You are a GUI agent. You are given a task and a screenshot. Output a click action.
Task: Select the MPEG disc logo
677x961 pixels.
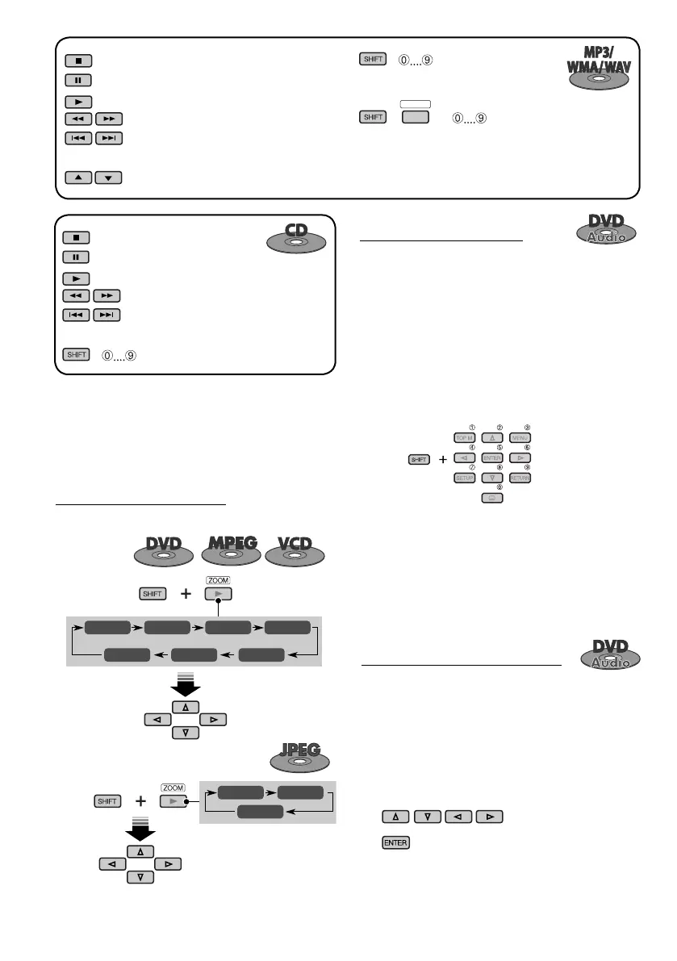tap(228, 549)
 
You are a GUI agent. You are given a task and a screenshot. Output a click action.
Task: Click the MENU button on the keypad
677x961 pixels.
tap(520, 438)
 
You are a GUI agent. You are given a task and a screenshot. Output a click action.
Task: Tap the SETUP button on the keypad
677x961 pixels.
tap(463, 478)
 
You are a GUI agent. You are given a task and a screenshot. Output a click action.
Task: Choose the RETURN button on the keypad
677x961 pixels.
tap(520, 478)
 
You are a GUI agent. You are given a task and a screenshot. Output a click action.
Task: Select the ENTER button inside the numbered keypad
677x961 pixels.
tap(491, 458)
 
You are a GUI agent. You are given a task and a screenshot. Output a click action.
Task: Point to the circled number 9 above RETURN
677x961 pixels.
tap(527, 467)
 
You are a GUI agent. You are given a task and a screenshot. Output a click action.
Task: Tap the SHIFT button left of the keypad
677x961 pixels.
tap(417, 459)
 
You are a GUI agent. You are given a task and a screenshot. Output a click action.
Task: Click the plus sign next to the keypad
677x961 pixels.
tap(442, 459)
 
